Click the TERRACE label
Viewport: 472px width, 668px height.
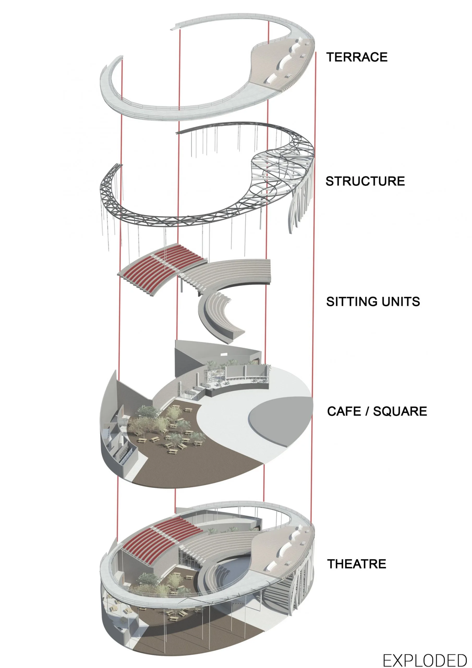pos(356,57)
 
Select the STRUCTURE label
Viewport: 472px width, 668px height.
pos(365,181)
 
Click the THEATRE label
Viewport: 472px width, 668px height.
pos(356,564)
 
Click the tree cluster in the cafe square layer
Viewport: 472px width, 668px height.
pos(163,422)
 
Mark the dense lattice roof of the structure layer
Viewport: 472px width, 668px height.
pos(279,166)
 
